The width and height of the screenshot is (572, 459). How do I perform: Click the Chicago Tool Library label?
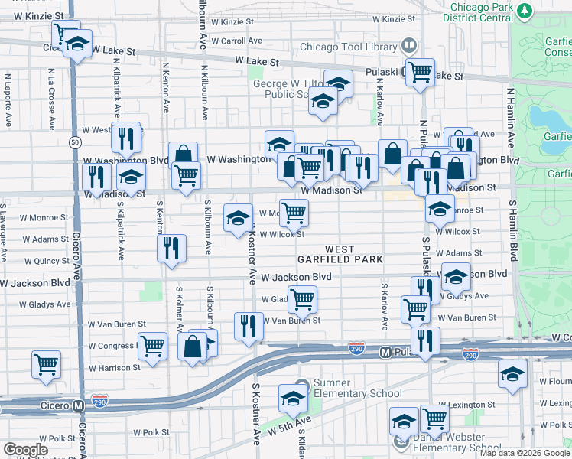click(349, 47)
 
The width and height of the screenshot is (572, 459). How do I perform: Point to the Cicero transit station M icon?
click(78, 405)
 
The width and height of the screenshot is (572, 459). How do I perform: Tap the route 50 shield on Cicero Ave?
click(74, 142)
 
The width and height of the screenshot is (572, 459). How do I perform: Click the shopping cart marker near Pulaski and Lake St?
click(420, 73)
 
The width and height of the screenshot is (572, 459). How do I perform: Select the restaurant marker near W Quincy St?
click(171, 248)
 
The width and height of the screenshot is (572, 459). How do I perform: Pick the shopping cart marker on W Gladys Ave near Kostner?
click(302, 298)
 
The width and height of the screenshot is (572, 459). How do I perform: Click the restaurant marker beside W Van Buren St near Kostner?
click(249, 327)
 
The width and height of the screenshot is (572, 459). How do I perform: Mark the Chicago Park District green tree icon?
click(525, 11)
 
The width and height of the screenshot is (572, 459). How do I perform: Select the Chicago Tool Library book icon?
click(411, 47)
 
